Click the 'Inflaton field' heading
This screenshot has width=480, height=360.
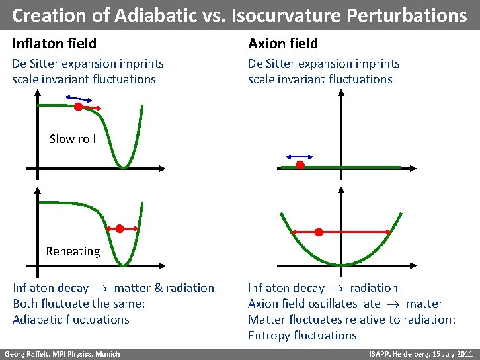[54, 44]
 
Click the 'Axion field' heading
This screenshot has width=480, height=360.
[283, 44]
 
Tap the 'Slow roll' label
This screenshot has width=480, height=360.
[72, 139]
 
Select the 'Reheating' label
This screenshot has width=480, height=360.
[73, 251]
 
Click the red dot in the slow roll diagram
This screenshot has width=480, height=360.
[78, 106]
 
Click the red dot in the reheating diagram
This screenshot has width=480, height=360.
[120, 229]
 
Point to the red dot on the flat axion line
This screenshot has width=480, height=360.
[300, 165]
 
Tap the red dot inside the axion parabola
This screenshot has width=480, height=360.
[319, 232]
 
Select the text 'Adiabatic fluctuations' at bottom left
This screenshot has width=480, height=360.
[71, 320]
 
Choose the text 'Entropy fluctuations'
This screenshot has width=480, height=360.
[302, 336]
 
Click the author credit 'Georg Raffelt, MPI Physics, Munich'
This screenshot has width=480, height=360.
[63, 354]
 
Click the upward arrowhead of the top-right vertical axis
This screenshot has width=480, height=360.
[341, 93]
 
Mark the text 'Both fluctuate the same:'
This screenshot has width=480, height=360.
[79, 304]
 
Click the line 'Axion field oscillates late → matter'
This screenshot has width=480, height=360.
[345, 304]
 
